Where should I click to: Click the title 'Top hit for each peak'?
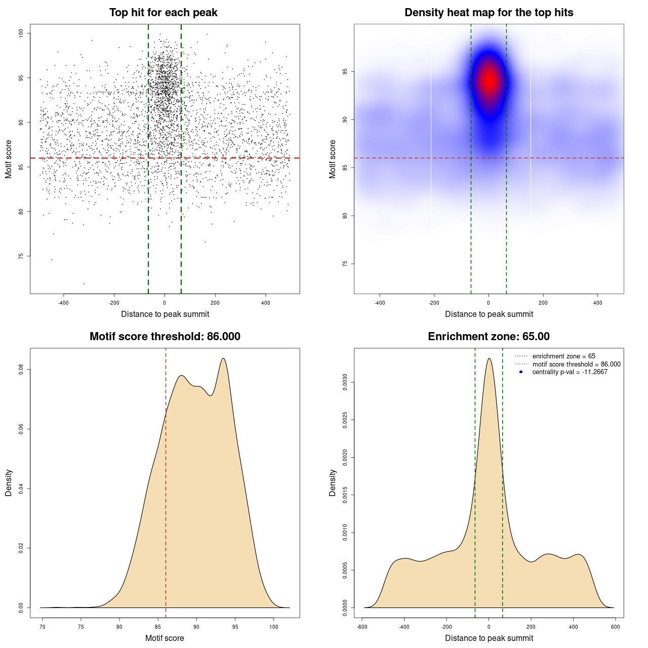click(x=164, y=13)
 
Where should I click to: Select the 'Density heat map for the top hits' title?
click(x=489, y=13)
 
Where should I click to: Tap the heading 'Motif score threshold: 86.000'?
click(x=165, y=337)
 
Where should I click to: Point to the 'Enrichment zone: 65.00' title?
click(x=489, y=337)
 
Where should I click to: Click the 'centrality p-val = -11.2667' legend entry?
click(x=570, y=372)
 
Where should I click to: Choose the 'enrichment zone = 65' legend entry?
click(x=563, y=356)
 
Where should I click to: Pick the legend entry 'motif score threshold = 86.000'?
click(x=576, y=364)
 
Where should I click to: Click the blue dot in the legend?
click(x=521, y=372)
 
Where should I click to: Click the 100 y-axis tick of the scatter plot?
click(x=21, y=33)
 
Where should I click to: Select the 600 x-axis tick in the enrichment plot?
click(x=616, y=627)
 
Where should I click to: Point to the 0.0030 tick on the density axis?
click(x=345, y=383)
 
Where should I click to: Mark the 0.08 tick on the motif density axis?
click(x=21, y=370)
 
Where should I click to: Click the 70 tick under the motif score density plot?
click(x=43, y=627)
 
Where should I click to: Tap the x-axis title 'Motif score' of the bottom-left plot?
click(x=165, y=638)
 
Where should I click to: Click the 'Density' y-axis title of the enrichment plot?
click(x=333, y=482)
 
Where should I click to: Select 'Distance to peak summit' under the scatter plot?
click(x=165, y=314)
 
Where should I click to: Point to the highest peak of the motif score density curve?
click(x=223, y=358)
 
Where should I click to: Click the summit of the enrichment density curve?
click(x=489, y=358)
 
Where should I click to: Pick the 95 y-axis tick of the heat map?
click(x=345, y=72)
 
